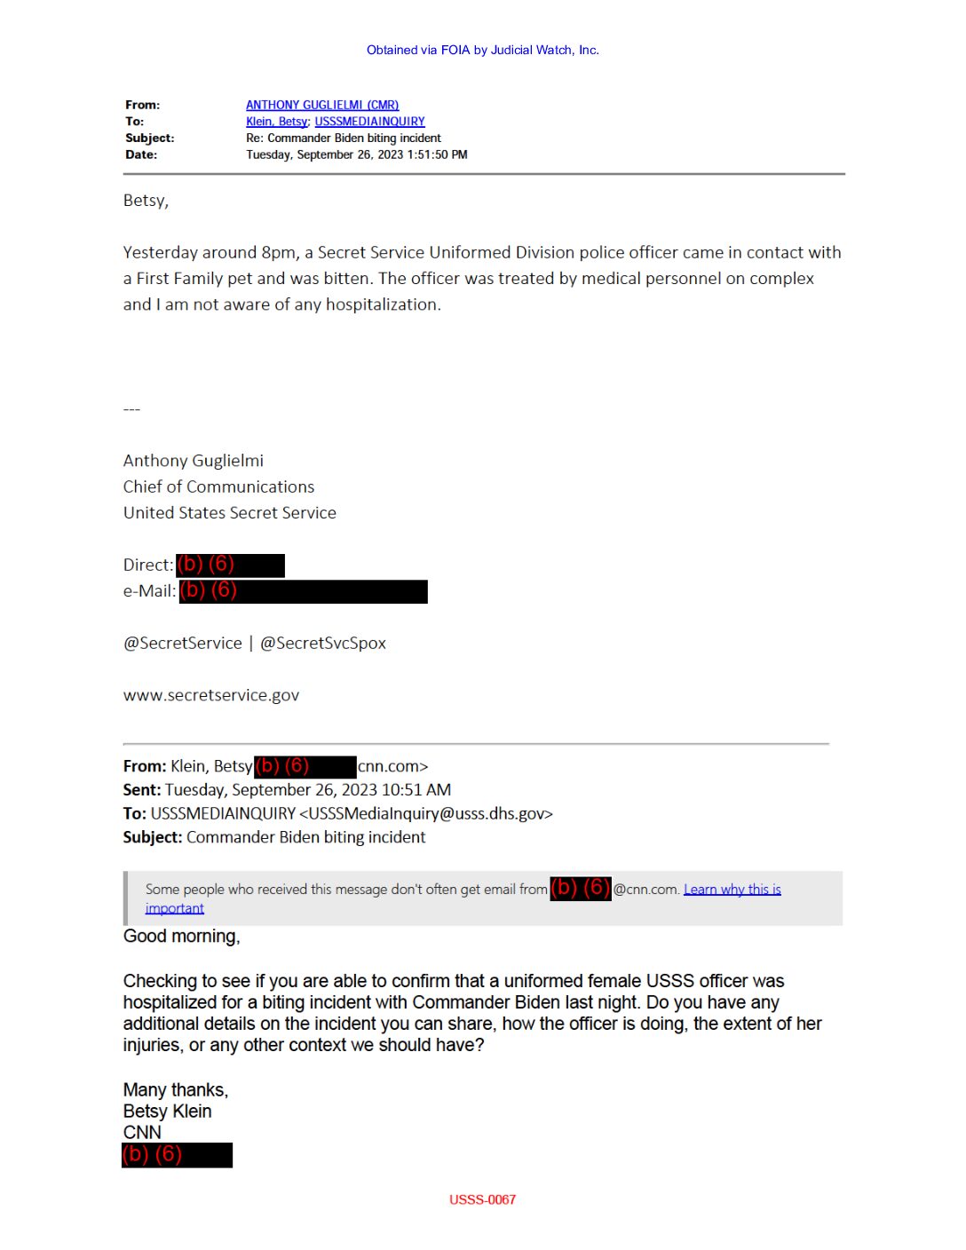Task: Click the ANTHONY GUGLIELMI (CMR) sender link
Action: click(322, 105)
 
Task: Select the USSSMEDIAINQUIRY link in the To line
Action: click(369, 122)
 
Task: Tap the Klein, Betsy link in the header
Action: click(276, 122)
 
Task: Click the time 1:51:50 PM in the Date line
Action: click(437, 154)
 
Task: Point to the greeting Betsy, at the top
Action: click(146, 201)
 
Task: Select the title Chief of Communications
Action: click(218, 487)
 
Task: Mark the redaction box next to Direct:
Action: click(230, 566)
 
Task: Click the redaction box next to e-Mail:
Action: click(303, 591)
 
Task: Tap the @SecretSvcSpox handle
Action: click(322, 643)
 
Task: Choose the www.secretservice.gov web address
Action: click(211, 695)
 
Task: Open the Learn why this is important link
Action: click(732, 890)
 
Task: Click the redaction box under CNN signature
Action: click(177, 1155)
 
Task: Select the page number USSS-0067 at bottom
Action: click(482, 1199)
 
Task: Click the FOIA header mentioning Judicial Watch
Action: click(482, 50)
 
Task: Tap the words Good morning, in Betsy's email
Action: click(181, 937)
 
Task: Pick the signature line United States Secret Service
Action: click(229, 513)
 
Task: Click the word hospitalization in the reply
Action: click(383, 305)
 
